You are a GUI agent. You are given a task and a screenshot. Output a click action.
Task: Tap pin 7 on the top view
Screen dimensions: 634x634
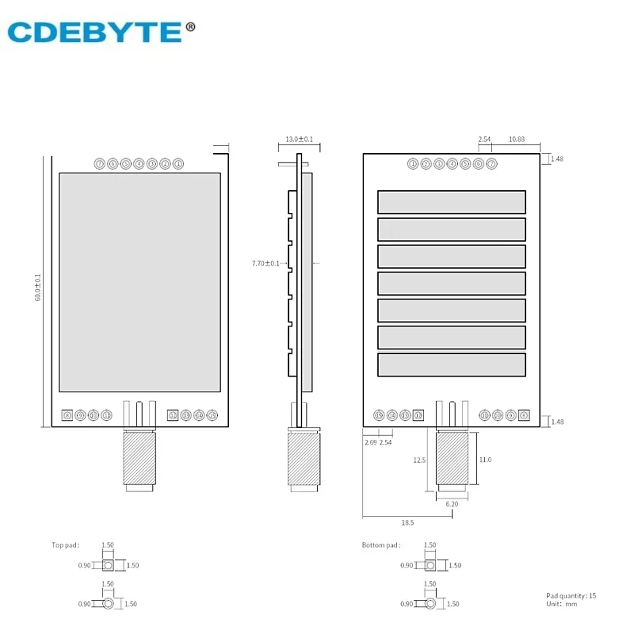point(99,164)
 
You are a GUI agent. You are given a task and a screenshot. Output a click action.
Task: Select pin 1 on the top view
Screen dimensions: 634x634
point(178,164)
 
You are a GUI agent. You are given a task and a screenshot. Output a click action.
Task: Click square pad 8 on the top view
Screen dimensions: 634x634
point(67,415)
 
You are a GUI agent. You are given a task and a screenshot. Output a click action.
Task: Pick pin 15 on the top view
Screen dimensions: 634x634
point(212,415)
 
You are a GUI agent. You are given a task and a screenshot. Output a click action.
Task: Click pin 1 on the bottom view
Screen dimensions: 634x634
point(413,164)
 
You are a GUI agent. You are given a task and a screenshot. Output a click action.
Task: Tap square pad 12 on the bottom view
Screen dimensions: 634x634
point(418,415)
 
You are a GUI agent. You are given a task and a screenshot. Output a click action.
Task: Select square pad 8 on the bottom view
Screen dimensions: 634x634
point(524,415)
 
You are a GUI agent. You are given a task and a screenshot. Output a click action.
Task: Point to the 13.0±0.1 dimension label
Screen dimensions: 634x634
point(299,139)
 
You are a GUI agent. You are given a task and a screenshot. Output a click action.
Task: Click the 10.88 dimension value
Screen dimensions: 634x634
point(516,139)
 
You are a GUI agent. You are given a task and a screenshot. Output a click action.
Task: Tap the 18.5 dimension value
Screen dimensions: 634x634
point(407,523)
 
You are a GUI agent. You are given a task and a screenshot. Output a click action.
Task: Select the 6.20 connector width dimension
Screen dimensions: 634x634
point(452,504)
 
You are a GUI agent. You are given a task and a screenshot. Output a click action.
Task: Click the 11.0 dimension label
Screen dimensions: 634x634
point(485,460)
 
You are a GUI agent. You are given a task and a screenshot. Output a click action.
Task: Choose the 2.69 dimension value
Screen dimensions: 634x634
point(370,442)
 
